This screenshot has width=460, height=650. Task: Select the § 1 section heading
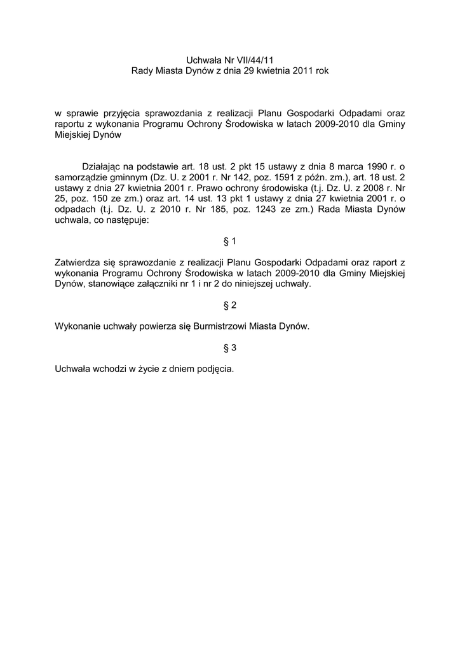point(230,241)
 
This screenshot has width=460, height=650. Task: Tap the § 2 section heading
point(230,305)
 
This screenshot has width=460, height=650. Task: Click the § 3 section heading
point(230,348)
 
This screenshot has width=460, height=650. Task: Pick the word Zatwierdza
point(79,262)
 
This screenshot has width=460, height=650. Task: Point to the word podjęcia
point(214,369)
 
